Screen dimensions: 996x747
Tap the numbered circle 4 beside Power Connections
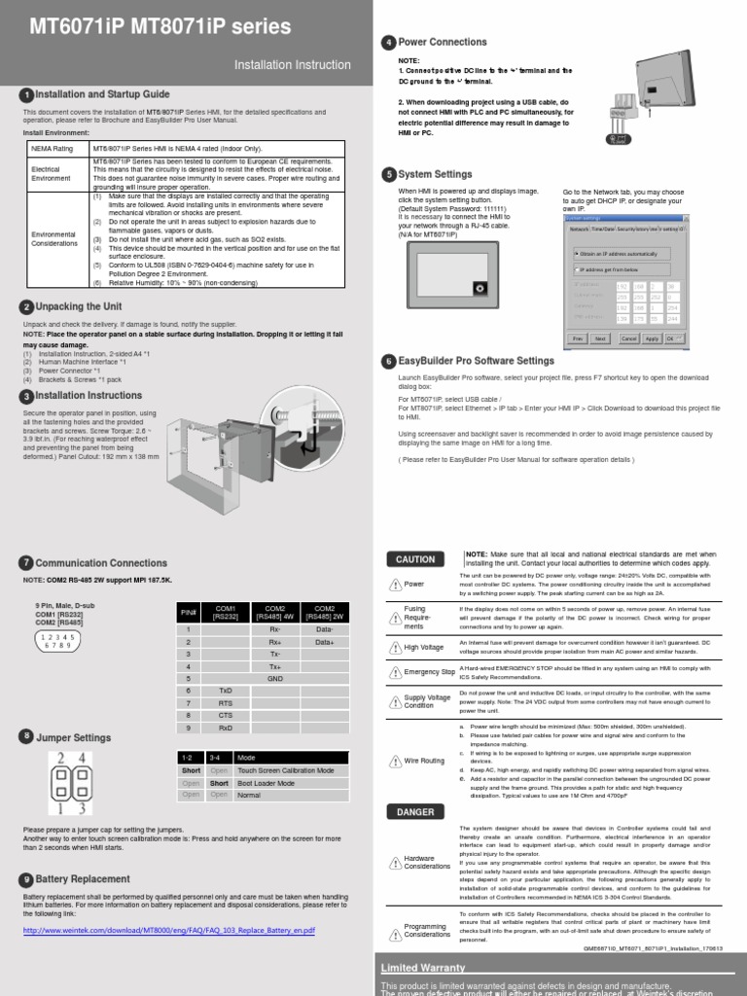point(389,42)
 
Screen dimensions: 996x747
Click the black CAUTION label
point(415,558)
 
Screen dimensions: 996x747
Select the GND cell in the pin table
point(275,677)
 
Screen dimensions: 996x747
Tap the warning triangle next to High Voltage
point(395,647)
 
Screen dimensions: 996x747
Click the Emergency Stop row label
point(429,672)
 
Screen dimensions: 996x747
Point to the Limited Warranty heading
point(423,969)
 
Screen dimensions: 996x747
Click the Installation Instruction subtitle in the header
point(293,64)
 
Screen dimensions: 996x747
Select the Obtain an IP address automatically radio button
point(578,253)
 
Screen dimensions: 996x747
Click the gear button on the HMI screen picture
point(477,287)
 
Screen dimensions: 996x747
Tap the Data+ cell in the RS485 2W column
point(324,642)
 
